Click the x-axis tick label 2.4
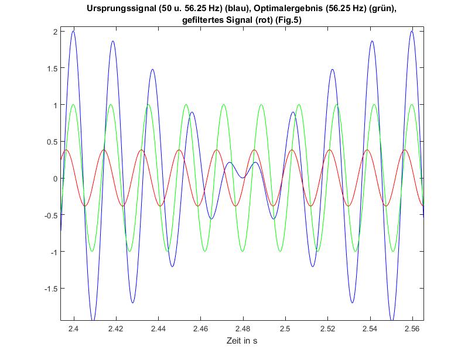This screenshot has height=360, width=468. (x=73, y=329)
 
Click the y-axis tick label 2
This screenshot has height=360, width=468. (x=53, y=32)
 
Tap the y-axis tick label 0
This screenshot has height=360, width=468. (x=53, y=179)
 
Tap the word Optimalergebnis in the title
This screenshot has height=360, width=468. (x=289, y=10)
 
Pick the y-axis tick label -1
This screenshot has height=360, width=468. (x=52, y=252)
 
